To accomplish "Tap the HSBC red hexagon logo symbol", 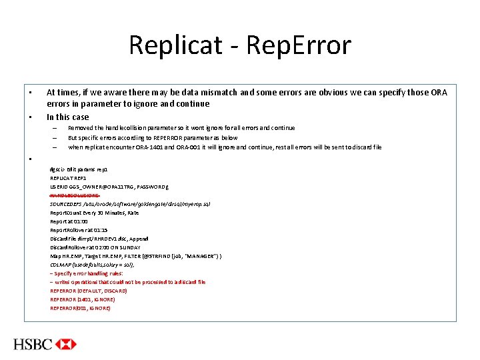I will tap(66, 344).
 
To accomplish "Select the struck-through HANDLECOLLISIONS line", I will tap(75, 195).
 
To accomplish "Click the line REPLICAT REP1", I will tap(69, 178).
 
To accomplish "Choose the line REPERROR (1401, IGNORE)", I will tap(83, 299).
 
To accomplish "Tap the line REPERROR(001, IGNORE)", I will tap(80, 308).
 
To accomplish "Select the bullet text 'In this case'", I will tap(67, 117).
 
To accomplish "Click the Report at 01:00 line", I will tap(69, 221).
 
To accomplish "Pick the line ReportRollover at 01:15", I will tap(79, 229).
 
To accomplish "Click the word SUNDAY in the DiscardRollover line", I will tap(133, 247).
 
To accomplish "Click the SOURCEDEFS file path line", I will tap(130, 203).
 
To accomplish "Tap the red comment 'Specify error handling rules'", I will tap(88, 273).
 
